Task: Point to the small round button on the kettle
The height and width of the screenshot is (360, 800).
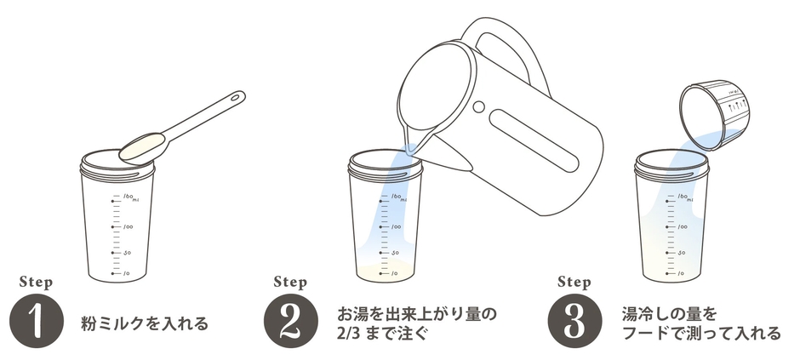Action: click(477, 106)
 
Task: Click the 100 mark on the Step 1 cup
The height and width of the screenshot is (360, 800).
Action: click(127, 227)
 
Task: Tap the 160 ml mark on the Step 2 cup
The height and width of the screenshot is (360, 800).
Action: click(397, 198)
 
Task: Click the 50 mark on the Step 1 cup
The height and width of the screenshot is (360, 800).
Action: click(127, 253)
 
